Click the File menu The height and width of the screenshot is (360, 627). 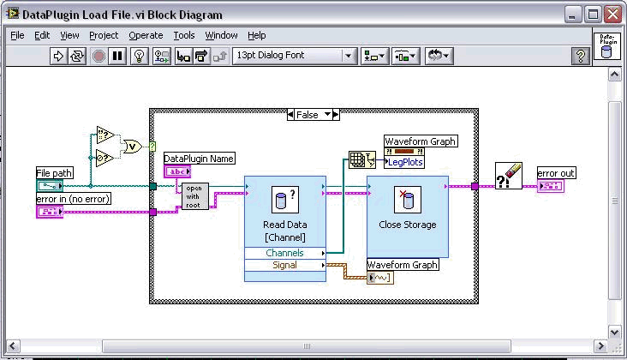tap(17, 36)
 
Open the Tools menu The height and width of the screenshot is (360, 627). tap(184, 36)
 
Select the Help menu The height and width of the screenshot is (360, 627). tap(256, 36)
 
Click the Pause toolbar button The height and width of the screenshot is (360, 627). tap(117, 56)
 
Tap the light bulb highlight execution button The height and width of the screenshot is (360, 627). tap(139, 56)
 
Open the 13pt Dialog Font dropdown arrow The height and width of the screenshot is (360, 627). tap(349, 56)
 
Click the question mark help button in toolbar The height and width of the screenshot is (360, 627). tap(580, 56)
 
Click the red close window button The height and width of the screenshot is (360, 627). tap(612, 15)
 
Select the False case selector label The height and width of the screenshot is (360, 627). tap(308, 115)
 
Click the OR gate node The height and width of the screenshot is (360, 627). tap(133, 147)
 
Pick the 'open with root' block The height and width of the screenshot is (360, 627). tap(194, 196)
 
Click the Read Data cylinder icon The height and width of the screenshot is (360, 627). tap(285, 200)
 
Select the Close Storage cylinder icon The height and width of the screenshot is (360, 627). tap(408, 200)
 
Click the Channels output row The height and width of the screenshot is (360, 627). tap(285, 253)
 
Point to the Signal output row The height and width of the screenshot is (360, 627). tap(285, 265)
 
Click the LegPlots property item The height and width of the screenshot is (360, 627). tap(404, 162)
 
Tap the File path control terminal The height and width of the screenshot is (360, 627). tap(50, 186)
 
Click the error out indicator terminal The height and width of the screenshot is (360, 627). tap(551, 186)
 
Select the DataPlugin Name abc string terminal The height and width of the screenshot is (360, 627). tap(177, 171)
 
